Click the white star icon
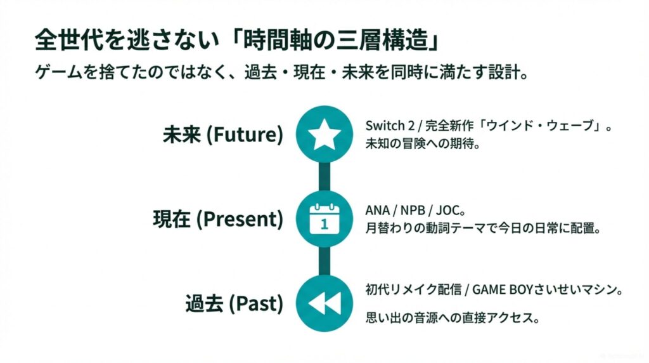(324, 134)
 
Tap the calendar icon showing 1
(324, 219)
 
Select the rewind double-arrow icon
(325, 303)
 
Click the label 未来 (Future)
(222, 135)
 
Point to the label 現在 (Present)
(218, 219)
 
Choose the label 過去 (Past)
(235, 303)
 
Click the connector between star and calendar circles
(324, 176)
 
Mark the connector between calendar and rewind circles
(324, 261)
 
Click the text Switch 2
(390, 125)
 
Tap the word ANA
(378, 211)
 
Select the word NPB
(413, 211)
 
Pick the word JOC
(448, 211)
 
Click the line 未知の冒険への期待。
(423, 144)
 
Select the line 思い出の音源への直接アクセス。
(453, 318)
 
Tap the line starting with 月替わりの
(483, 228)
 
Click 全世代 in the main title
(68, 41)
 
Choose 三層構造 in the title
(382, 41)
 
